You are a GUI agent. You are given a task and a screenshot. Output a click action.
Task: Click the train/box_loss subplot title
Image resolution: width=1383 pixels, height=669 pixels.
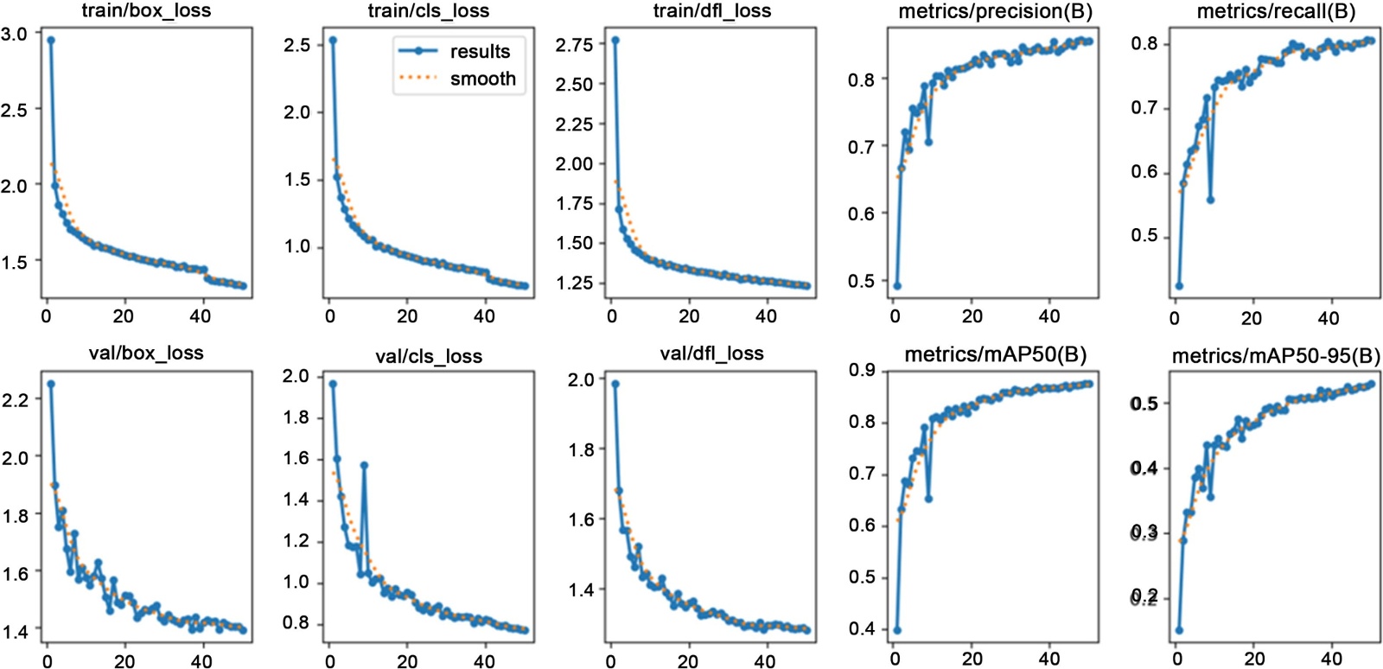146,11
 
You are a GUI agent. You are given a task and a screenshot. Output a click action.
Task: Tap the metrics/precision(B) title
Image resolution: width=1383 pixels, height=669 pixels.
995,11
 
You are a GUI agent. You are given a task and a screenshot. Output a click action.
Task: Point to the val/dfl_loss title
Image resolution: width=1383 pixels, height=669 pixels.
711,354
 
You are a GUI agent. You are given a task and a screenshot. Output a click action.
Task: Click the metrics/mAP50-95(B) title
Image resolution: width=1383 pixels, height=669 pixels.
1276,356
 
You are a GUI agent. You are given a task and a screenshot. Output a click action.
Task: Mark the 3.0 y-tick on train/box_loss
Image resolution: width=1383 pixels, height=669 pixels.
15,34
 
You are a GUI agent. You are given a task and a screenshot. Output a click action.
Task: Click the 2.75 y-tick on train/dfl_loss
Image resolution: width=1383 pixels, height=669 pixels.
574,45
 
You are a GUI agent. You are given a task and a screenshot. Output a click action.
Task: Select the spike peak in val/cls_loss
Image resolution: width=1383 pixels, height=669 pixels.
364,465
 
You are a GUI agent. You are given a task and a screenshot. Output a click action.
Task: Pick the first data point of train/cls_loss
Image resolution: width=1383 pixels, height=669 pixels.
333,40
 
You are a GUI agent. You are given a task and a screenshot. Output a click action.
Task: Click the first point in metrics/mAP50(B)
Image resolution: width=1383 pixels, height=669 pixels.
897,630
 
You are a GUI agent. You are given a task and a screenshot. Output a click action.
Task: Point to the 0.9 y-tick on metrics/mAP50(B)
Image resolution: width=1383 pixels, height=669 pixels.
861,371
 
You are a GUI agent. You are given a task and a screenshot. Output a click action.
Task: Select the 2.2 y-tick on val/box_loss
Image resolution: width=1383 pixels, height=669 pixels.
15,399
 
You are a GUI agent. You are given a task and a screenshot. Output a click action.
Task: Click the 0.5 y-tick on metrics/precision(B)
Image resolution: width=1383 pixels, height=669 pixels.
861,281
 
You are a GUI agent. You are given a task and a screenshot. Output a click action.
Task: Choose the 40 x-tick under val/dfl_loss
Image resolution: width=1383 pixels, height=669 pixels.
765,661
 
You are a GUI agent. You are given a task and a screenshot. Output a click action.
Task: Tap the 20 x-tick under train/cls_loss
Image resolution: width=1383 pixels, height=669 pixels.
407,316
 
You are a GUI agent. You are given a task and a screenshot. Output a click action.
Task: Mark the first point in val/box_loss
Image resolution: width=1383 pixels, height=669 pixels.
51,384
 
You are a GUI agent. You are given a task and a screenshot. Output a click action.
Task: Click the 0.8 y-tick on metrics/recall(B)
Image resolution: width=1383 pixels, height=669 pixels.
1144,44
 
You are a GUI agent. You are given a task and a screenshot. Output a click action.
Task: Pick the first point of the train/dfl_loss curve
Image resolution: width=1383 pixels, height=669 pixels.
615,40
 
